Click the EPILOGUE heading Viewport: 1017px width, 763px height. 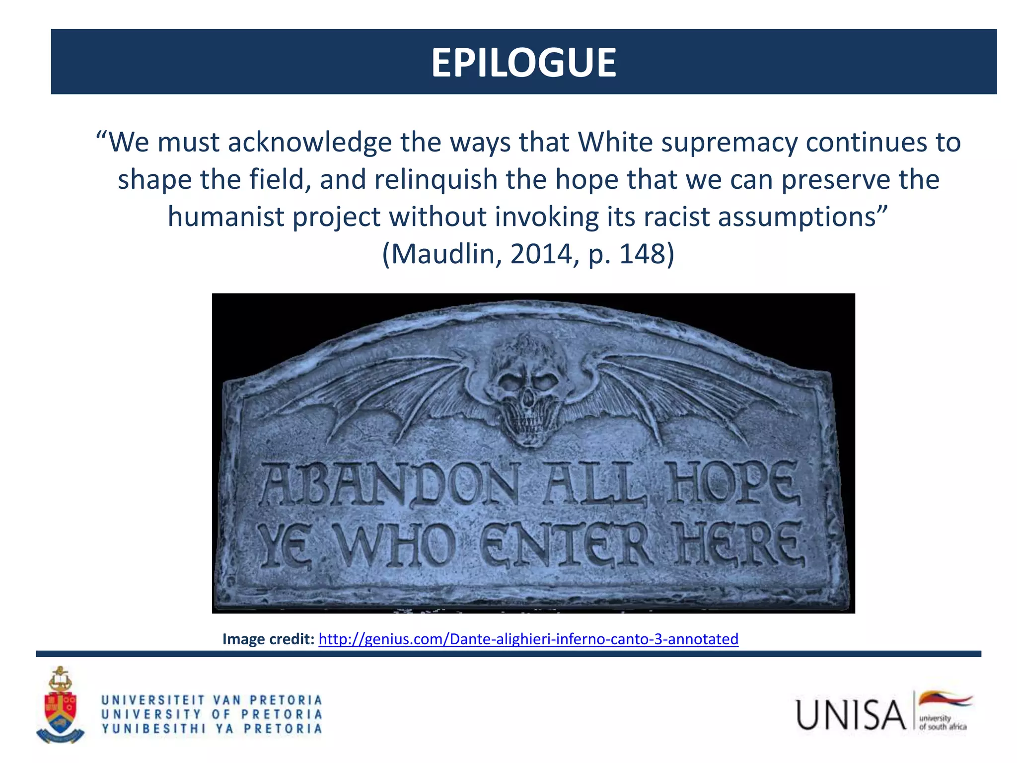[523, 63]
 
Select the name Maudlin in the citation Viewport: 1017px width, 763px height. [446, 254]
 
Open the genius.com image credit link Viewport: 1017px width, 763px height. [528, 639]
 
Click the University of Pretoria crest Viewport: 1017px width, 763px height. [60, 705]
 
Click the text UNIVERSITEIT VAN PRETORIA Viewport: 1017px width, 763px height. [212, 700]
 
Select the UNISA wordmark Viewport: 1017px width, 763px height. [851, 715]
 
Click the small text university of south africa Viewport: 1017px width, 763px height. [943, 723]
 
